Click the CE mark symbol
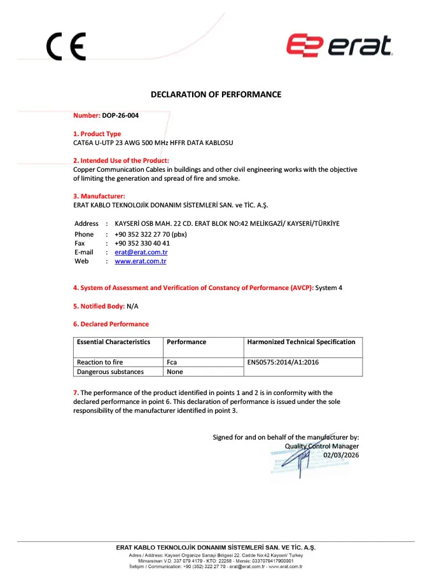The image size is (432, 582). (66, 46)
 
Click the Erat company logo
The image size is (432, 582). (338, 45)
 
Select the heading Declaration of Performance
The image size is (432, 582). (216, 95)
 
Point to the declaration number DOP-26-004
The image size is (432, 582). (120, 116)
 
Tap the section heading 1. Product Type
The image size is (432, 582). (97, 134)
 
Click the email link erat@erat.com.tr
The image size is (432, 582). (141, 252)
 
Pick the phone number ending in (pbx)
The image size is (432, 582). (151, 234)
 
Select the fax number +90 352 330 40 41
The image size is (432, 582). (142, 243)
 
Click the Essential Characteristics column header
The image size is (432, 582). (113, 342)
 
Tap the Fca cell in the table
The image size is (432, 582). (172, 362)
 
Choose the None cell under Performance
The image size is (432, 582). (174, 371)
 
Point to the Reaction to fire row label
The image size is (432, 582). (100, 362)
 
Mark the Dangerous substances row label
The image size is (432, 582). (110, 371)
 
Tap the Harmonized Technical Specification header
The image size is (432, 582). (302, 342)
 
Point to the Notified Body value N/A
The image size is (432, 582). (132, 306)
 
